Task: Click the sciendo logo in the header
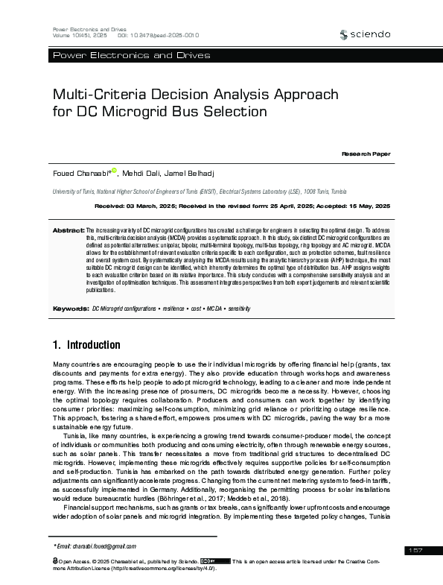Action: [x=364, y=34]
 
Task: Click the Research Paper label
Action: [x=366, y=153]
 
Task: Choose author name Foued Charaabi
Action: [x=81, y=172]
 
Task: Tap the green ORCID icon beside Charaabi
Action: [x=115, y=171]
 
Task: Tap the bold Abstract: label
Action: [x=68, y=231]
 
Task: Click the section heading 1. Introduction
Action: [x=86, y=345]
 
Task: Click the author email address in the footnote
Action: [x=96, y=546]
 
